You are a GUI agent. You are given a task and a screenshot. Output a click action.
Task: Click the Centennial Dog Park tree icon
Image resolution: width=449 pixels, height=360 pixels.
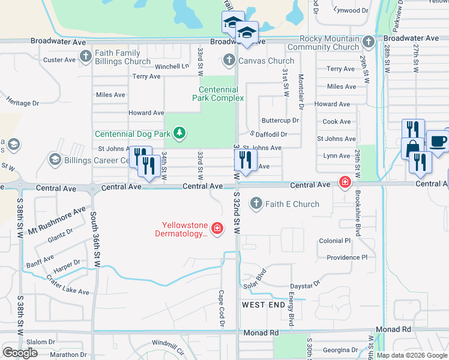[178, 133]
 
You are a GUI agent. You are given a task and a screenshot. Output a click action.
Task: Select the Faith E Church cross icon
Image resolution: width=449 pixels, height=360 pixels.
[256, 204]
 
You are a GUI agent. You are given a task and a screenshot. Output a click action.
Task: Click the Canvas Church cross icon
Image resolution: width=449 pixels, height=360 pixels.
[229, 60]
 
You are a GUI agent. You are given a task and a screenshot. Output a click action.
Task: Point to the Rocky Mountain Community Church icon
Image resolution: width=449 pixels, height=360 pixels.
[369, 41]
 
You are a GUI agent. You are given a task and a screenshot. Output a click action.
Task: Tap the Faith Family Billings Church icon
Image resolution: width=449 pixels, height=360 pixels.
[85, 58]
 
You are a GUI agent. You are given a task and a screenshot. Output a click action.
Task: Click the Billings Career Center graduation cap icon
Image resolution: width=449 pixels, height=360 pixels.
[55, 160]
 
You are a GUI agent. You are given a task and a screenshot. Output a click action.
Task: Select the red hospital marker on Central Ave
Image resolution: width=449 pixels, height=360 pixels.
[345, 181]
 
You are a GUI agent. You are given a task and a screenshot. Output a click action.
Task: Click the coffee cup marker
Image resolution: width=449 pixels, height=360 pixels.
[437, 141]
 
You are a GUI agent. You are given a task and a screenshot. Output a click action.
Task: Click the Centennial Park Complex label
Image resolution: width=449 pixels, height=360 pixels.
[218, 94]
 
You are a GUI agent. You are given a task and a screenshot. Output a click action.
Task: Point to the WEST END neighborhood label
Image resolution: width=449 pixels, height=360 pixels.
[263, 305]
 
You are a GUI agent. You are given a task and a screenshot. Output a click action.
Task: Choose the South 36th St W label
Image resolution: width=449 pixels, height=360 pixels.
[94, 238]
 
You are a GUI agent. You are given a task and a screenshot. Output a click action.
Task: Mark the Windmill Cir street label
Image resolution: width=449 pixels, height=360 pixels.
[169, 343]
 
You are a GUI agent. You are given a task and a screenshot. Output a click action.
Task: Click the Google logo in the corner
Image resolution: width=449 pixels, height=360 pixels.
[20, 353]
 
